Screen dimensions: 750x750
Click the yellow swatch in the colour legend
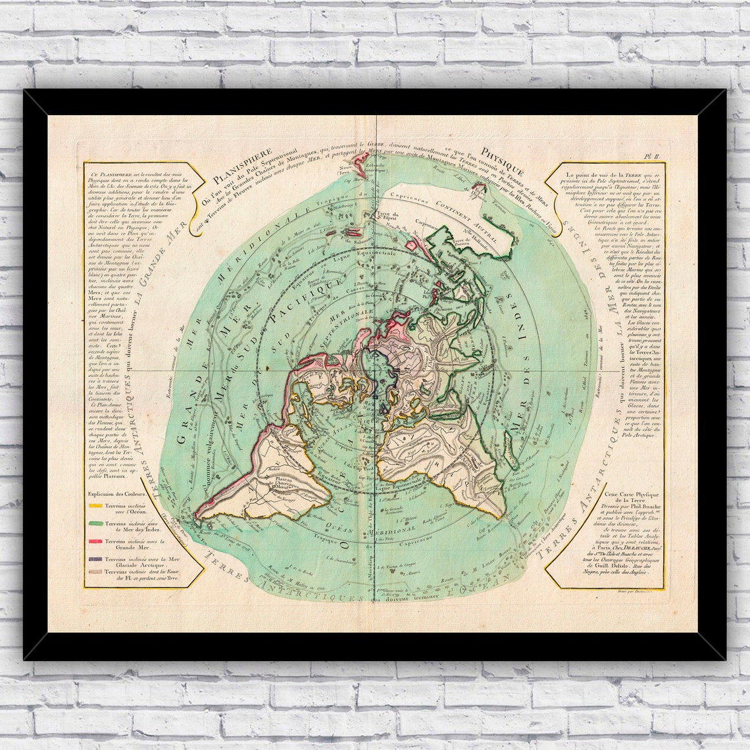[95, 506]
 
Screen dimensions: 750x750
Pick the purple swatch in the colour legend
[95, 559]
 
